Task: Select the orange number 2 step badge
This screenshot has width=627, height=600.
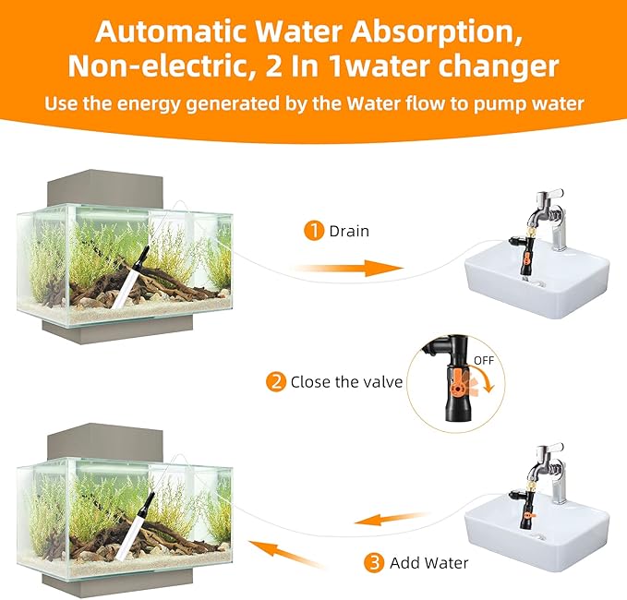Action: (x=275, y=381)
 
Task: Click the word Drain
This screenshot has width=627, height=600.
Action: (x=349, y=231)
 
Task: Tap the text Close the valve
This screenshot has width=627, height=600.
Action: (x=346, y=381)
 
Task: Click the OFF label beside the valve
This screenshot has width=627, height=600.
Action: (x=484, y=359)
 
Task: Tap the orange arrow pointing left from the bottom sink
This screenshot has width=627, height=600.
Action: (x=396, y=521)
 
